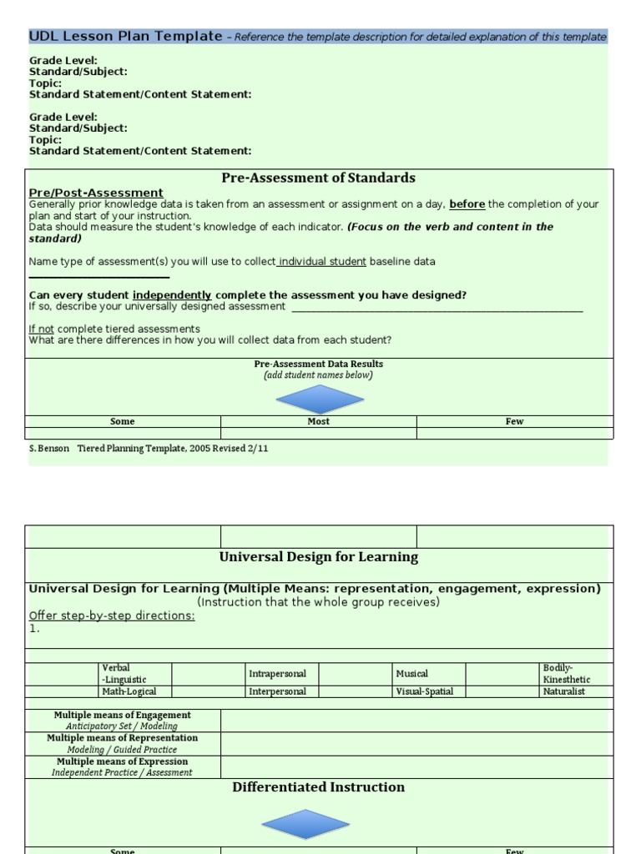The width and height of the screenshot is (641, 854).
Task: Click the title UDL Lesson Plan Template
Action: pos(126,37)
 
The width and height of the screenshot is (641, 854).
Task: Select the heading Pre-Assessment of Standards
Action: pos(318,178)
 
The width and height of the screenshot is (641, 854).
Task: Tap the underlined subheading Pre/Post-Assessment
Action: pos(96,193)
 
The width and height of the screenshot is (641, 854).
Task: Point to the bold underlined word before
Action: pos(467,204)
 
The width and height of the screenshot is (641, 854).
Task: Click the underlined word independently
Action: pos(172,295)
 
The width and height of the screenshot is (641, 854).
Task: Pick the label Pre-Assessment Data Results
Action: pos(318,364)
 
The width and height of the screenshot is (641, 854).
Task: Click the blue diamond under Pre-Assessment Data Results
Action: pos(320,399)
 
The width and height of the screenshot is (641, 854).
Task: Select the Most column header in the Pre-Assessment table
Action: pos(318,422)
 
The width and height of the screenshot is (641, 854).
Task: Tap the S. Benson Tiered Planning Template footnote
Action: pos(149,448)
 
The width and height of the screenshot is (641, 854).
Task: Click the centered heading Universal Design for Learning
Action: pos(318,557)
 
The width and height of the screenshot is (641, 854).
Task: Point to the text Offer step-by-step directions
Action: pos(112,615)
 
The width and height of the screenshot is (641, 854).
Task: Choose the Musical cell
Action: pos(411,674)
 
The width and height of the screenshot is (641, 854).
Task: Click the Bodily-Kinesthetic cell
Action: pos(566,674)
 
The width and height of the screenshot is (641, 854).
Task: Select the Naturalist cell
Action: pos(565,691)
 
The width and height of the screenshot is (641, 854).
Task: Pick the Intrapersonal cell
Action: pos(277,674)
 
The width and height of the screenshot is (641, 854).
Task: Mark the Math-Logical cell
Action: pos(129,691)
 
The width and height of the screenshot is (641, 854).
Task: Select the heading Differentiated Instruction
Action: pos(318,787)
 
